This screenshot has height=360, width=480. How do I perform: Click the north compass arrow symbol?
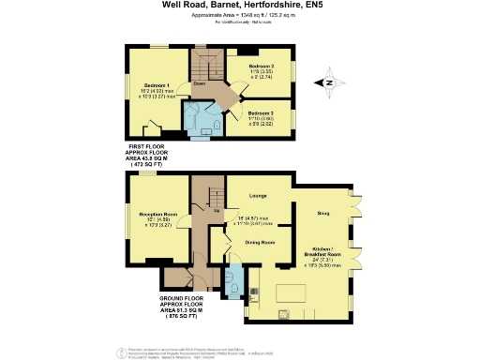point(327,82)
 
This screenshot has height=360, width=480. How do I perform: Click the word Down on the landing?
point(199,83)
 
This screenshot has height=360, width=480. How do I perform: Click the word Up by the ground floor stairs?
point(217,211)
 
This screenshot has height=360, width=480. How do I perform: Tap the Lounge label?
point(259,196)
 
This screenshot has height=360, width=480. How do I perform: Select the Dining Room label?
point(260,243)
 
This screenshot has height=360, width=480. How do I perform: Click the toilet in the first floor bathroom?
point(217,125)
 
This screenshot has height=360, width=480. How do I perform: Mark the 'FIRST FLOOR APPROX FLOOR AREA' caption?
point(154,155)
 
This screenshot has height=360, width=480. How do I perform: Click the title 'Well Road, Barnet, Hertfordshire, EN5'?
point(240,7)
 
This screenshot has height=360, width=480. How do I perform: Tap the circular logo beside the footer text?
point(119,352)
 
